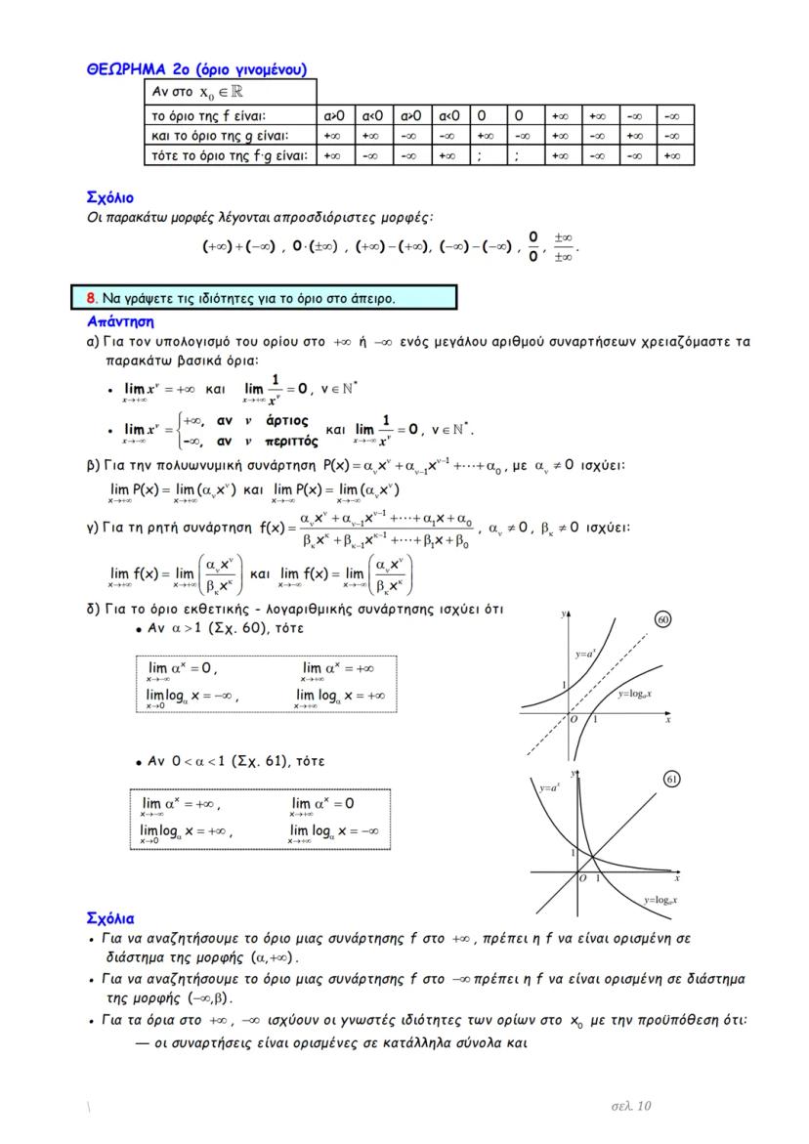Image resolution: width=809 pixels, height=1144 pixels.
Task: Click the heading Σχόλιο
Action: click(x=110, y=198)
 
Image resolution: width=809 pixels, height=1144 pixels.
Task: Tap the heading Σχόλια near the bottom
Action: click(x=110, y=918)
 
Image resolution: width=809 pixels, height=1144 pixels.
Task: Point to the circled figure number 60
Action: click(x=662, y=619)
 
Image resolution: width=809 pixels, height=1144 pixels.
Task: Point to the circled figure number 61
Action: click(x=671, y=779)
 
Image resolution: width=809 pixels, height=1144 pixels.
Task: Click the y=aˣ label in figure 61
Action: click(x=550, y=785)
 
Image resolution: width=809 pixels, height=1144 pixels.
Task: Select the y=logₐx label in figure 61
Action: click(x=661, y=899)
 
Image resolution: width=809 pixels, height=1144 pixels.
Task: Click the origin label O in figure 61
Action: click(x=582, y=879)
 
